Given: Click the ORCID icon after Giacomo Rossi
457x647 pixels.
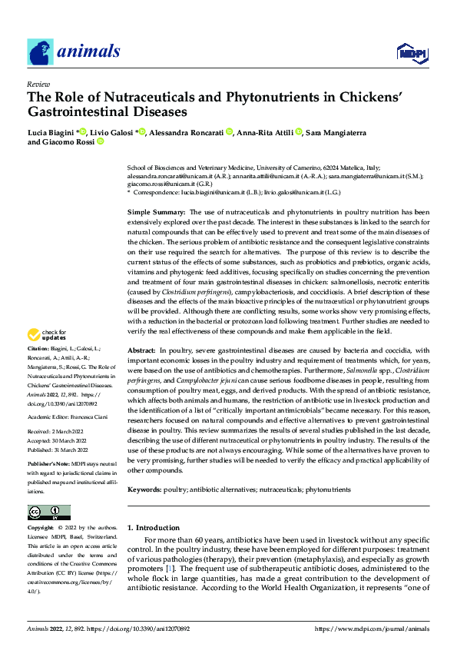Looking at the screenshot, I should coord(100,143).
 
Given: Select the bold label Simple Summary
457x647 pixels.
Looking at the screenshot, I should coord(155,211).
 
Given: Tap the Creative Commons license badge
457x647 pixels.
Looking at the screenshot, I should coord(49,512).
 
